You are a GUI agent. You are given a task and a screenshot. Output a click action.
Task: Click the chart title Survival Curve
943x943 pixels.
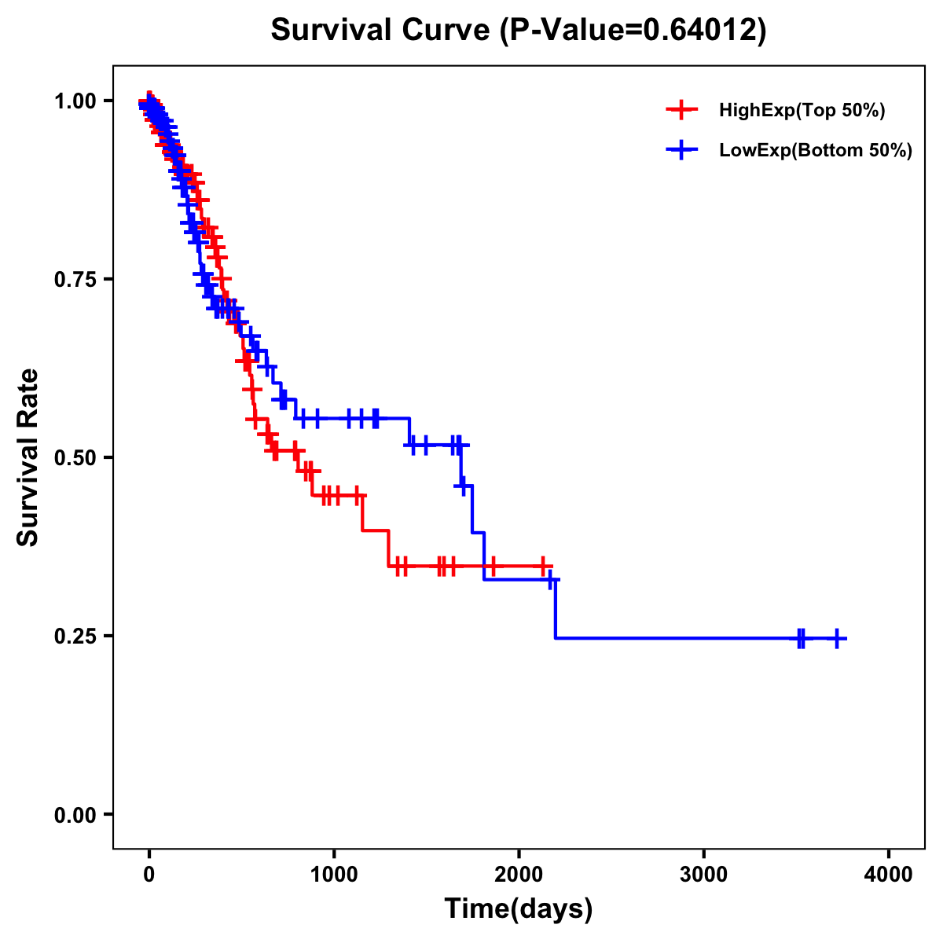coord(383,30)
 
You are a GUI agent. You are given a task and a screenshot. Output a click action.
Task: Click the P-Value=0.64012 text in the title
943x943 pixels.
coord(633,30)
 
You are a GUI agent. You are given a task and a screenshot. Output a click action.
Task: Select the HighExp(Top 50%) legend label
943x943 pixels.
coord(802,111)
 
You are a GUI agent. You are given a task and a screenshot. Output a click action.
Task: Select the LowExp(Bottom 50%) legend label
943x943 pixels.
coord(816,151)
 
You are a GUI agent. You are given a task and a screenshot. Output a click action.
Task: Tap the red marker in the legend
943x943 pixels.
coord(681,111)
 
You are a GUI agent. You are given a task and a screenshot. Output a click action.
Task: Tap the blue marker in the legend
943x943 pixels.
coord(681,151)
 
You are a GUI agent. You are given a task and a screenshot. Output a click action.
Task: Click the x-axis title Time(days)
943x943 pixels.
coord(519,909)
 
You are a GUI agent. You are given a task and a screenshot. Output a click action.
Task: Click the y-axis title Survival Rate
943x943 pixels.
coord(28,457)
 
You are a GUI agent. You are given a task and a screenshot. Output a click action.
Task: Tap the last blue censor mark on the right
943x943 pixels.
coord(837,638)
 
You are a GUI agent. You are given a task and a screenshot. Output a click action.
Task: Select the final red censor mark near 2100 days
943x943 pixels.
coord(542,566)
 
